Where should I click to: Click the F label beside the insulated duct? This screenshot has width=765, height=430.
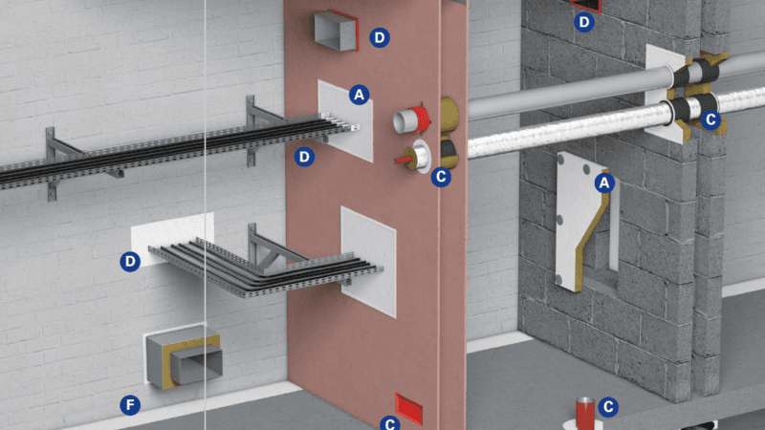pos(130,405)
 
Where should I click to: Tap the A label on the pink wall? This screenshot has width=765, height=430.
pos(359,95)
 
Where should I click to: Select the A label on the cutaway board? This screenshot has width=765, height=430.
pos(603,182)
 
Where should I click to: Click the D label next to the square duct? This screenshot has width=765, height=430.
pos(380,37)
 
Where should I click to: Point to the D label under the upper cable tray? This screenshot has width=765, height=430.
pos(304,156)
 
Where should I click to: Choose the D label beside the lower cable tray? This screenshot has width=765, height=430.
pos(130,260)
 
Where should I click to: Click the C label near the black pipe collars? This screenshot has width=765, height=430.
pos(710,119)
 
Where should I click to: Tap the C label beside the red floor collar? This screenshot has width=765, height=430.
pos(606,407)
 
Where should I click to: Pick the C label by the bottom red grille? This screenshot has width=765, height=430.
pos(389,422)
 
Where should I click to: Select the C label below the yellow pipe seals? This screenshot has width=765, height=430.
pos(441,176)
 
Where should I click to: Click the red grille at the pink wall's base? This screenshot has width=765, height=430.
pos(410,407)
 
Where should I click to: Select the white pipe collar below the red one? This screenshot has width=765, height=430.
pos(418,155)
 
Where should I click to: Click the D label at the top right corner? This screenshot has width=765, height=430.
pos(583,20)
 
